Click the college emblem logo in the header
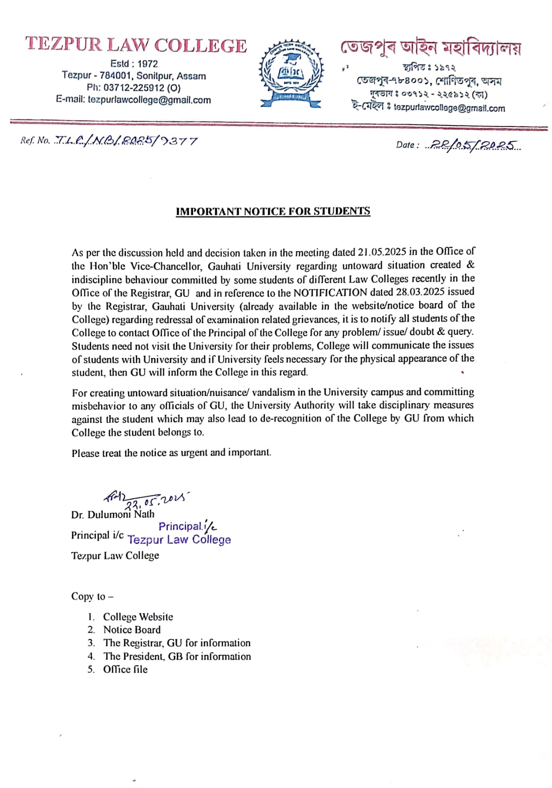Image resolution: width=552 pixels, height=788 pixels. coord(292,73)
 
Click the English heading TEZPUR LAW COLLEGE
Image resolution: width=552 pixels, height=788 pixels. coord(136,45)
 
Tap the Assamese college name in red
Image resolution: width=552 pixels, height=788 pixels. coord(430,48)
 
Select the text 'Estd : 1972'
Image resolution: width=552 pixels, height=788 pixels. coord(134,64)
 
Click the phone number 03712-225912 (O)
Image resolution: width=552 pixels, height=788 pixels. coord(133,88)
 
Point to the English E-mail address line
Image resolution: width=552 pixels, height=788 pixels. coord(133,100)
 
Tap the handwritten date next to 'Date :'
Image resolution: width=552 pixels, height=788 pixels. coord(474,144)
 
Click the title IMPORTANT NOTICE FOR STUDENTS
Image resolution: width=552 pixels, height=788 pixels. coord(273,211)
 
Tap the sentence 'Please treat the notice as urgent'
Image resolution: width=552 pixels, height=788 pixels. coord(171,453)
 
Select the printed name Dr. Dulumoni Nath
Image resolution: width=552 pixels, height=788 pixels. coord(113,515)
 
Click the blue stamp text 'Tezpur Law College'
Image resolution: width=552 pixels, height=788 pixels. coord(179,540)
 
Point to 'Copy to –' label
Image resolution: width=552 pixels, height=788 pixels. coord(92,596)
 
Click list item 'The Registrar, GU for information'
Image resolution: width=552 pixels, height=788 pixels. coord(176,643)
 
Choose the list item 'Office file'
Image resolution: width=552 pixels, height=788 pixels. coord(125,669)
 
